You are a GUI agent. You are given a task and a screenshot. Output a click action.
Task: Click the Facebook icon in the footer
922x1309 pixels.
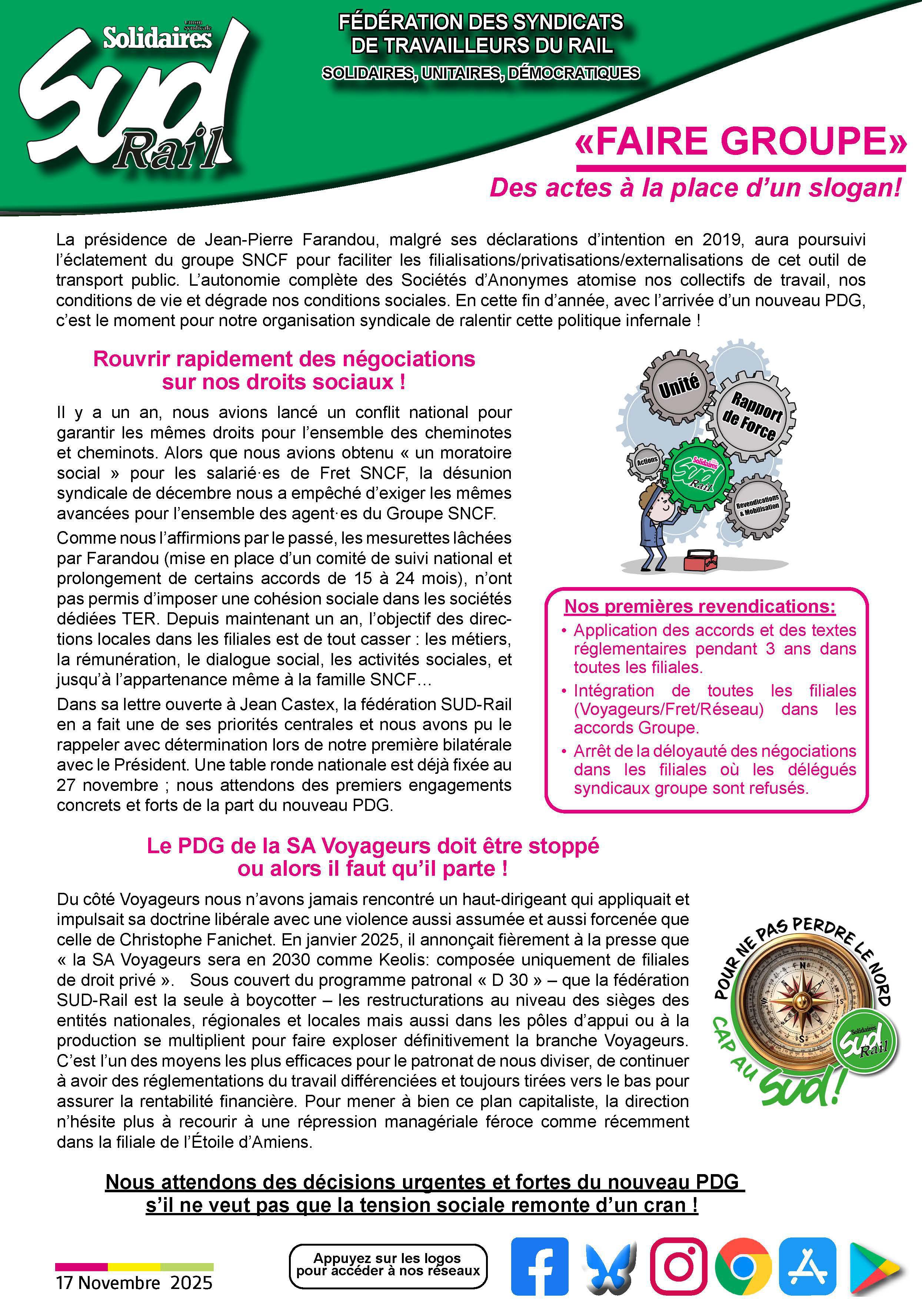tap(539, 1266)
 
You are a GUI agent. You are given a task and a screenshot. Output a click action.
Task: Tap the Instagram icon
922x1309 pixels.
tap(679, 1266)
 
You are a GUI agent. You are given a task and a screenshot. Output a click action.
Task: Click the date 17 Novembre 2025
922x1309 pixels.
tap(134, 1283)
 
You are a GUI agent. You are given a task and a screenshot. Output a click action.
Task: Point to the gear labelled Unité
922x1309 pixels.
tap(678, 386)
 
